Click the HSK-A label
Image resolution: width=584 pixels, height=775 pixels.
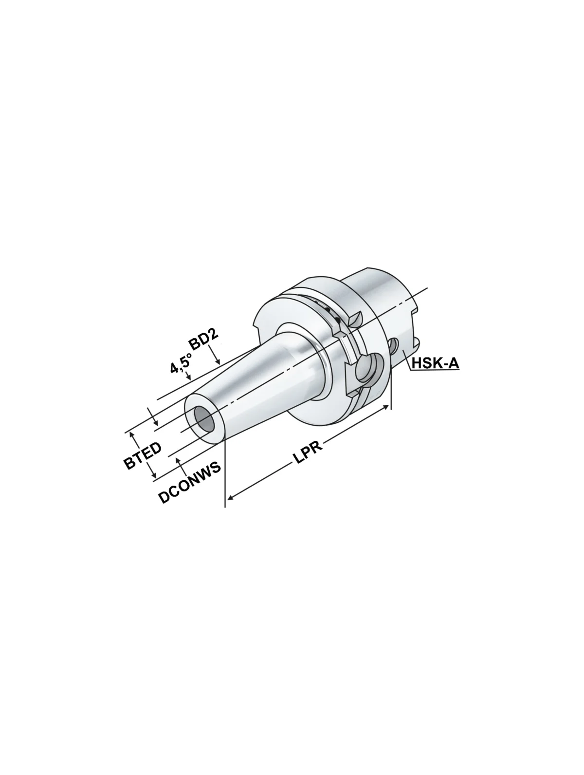(435, 362)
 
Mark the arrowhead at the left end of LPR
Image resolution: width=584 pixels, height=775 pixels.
(231, 497)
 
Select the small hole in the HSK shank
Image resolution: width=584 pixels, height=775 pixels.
(395, 346)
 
